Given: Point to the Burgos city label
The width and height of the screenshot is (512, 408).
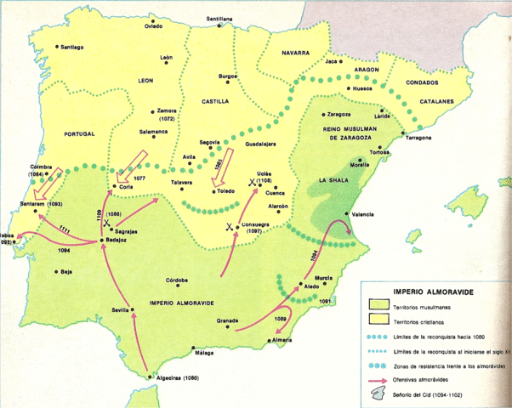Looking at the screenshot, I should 227,76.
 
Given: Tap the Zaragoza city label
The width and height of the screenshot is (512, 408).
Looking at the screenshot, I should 338,113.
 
